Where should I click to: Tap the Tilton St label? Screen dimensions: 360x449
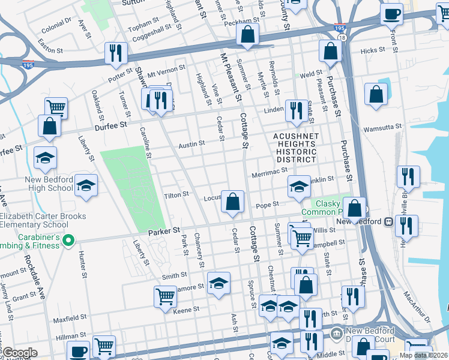pos(177,194)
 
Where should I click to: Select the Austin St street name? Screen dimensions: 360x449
pos(191,144)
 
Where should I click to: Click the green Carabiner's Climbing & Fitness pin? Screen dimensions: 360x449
pos(68,242)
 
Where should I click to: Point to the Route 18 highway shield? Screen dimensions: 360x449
pos(342,38)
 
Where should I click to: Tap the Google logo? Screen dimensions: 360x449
pos(20,353)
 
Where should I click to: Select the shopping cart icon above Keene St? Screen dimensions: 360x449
pos(166,296)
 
